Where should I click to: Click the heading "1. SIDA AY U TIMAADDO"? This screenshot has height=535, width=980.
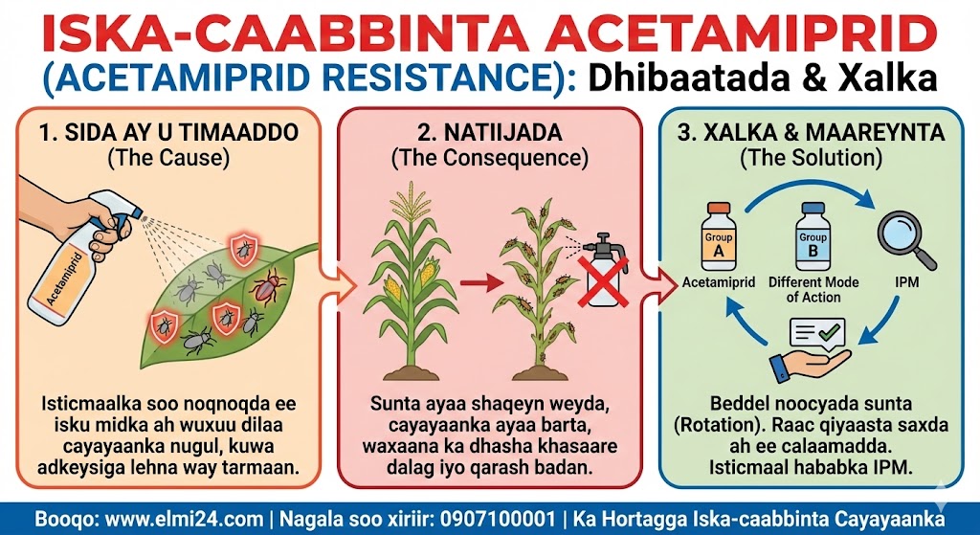(168, 133)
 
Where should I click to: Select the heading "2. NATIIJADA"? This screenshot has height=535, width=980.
(489, 133)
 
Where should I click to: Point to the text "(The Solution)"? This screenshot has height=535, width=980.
(812, 158)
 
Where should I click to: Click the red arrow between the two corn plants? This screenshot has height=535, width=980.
(482, 284)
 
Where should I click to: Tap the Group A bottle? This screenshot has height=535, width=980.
(718, 236)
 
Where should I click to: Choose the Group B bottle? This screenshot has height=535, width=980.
(813, 236)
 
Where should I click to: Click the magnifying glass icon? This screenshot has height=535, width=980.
(906, 240)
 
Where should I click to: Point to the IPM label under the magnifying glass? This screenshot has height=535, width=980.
(907, 282)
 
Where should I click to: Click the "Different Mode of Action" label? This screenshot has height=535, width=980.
(813, 289)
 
